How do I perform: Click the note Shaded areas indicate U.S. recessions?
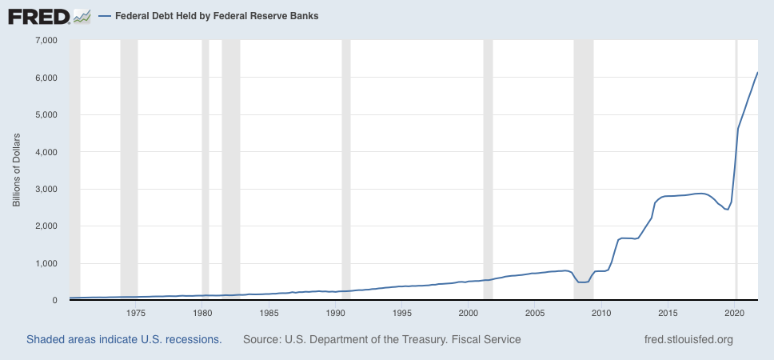[124, 339]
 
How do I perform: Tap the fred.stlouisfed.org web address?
[688, 339]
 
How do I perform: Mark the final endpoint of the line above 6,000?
[757, 73]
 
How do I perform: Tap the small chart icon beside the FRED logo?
[82, 15]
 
